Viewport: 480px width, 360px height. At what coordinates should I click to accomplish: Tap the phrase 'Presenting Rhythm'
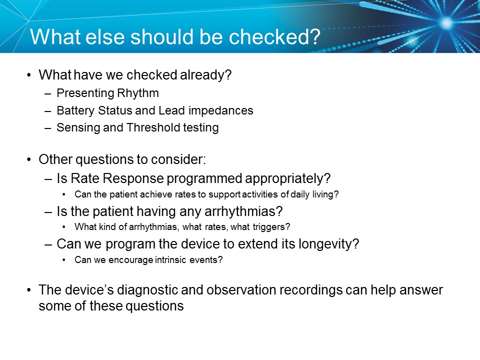click(107, 93)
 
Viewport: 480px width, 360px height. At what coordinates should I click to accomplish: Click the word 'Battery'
click(74, 110)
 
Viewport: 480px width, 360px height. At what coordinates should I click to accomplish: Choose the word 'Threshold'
click(152, 127)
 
